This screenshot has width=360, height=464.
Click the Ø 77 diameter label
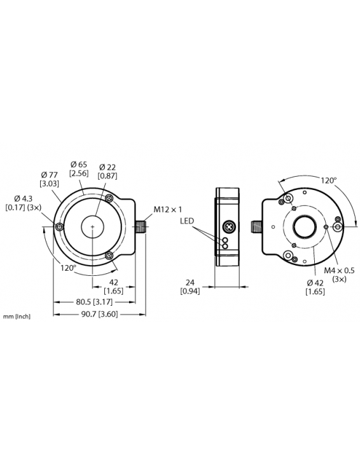tap(49, 178)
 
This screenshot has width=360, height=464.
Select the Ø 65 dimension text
tap(79, 168)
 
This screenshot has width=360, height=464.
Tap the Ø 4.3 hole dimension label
tap(24, 202)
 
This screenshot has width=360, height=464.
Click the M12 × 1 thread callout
tap(167, 209)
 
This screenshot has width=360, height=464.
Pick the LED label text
tap(186, 221)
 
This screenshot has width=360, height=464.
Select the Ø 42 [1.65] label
tap(315, 287)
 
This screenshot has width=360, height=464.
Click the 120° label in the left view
tap(67, 267)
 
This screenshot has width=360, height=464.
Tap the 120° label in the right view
tap(328, 180)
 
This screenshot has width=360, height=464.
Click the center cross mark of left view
tap(93, 227)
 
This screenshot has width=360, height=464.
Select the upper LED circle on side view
tap(224, 240)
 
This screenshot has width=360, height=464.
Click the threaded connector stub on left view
tap(141, 226)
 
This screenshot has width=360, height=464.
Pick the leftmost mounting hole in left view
tap(59, 227)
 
